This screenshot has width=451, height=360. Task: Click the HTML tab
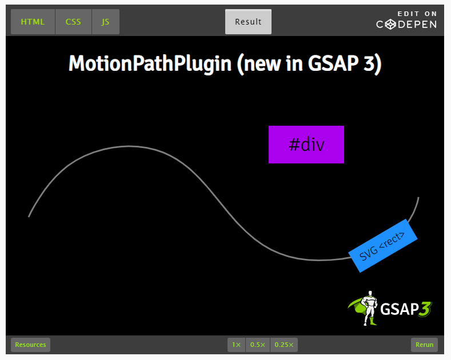(33, 22)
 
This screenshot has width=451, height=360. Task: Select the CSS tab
(73, 22)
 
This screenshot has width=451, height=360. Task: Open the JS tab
(105, 22)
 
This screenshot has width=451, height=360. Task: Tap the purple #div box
(306, 145)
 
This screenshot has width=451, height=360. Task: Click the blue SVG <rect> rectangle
(384, 246)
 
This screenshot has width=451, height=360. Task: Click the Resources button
(31, 345)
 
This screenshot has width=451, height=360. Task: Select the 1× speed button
(236, 345)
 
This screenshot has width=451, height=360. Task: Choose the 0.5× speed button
(258, 345)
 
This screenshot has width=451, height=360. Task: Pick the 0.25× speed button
(284, 345)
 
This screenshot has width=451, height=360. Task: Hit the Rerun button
(424, 345)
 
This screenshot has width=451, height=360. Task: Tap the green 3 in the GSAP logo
(424, 309)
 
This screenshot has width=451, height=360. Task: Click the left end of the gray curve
(29, 216)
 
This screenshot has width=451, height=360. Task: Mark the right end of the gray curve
(418, 198)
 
